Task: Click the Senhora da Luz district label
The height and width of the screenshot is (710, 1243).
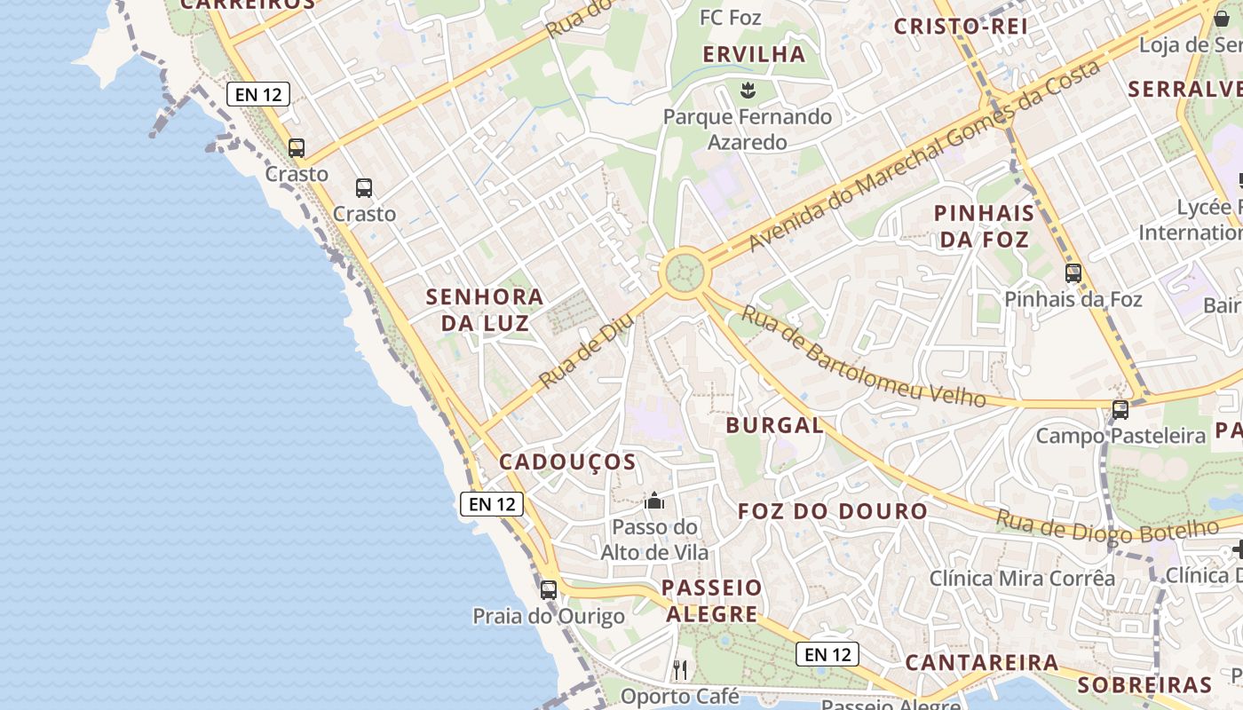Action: point(484,309)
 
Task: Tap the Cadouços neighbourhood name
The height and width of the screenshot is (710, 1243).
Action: point(567,461)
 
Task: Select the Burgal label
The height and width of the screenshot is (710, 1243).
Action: point(774,425)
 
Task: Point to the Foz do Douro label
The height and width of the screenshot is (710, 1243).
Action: point(833,511)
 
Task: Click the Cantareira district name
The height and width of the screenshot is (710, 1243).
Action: point(981,663)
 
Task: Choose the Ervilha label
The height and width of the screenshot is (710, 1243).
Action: point(754,54)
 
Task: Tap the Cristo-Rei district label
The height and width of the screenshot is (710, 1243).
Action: point(960,27)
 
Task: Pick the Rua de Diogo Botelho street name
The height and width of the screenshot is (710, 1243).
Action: point(1106,526)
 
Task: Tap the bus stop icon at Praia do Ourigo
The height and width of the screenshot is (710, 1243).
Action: point(549,589)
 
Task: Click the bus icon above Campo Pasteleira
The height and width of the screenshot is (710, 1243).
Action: point(1120,409)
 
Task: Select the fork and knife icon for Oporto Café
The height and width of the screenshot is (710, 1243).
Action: point(680,669)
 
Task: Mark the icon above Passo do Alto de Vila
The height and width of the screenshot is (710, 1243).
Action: point(654,501)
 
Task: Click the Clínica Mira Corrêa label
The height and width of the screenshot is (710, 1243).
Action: point(1022,579)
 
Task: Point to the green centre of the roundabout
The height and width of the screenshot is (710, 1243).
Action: point(684,272)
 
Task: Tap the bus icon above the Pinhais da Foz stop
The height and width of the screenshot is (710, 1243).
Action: point(1073,272)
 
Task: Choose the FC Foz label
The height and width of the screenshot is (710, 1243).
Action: point(730,18)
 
